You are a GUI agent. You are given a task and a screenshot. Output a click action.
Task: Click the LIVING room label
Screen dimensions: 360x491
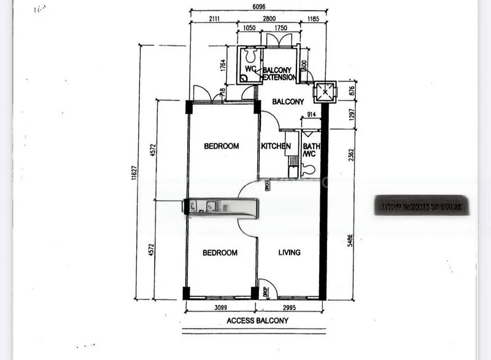(x=288, y=252)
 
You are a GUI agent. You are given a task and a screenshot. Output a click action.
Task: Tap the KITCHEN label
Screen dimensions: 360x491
(x=276, y=146)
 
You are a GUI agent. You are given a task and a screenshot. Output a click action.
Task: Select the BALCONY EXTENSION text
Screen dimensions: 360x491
(x=280, y=74)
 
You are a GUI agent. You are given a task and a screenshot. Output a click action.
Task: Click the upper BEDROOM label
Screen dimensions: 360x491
(x=221, y=146)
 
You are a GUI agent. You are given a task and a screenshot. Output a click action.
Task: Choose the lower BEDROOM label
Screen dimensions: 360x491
(x=220, y=253)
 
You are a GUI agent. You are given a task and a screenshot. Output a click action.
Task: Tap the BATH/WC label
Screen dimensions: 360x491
(x=309, y=150)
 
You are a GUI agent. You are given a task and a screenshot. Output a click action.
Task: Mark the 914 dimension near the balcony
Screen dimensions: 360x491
(x=311, y=115)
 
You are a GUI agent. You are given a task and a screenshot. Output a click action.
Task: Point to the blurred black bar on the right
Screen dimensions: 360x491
(x=421, y=206)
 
